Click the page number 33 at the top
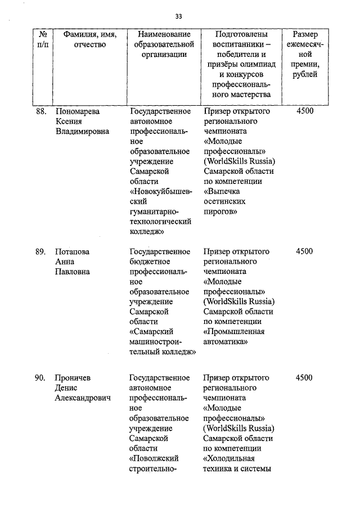tap(178, 15)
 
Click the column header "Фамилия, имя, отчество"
tap(89, 40)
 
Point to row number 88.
tap(40, 111)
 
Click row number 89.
tap(40, 251)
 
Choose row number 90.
tap(40, 378)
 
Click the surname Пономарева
tap(78, 111)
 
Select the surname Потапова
tap(72, 251)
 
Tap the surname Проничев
tap(74, 378)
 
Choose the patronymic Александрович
tap(82, 398)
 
